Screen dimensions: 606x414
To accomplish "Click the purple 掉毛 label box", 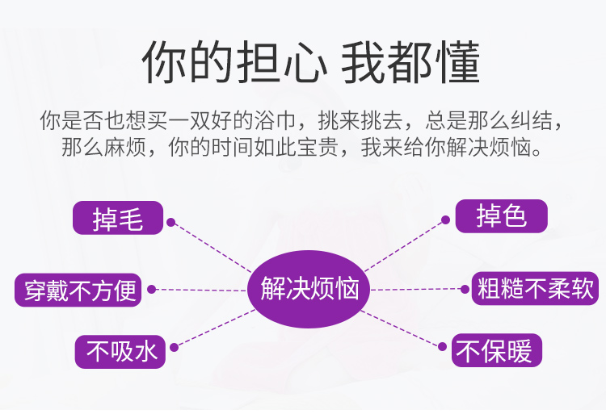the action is (x=118, y=218).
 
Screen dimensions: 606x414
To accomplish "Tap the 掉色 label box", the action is (x=501, y=216).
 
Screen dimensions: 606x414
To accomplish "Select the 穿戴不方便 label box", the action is (x=78, y=291).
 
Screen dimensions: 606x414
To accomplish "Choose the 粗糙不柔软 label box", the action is (x=535, y=288).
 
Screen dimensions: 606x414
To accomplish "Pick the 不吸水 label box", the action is (x=120, y=352).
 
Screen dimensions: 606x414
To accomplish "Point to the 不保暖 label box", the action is (x=497, y=350).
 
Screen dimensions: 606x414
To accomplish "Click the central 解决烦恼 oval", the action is (x=309, y=289).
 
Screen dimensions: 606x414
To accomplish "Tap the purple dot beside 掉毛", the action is (x=170, y=222).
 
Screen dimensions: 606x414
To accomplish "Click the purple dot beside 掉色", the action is (x=445, y=220).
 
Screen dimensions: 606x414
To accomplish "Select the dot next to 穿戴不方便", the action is (x=152, y=290).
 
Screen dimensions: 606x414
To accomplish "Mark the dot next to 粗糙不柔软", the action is (x=465, y=289).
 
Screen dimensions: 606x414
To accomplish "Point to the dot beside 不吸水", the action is (x=175, y=347).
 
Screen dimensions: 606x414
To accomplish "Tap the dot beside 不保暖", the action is (x=443, y=346).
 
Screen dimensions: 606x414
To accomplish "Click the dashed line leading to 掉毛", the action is (x=212, y=247).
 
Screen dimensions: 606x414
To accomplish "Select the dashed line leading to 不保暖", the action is (x=402, y=328).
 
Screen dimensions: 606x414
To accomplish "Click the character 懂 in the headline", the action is (x=458, y=62).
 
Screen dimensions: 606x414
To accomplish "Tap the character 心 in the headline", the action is (x=305, y=62).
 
